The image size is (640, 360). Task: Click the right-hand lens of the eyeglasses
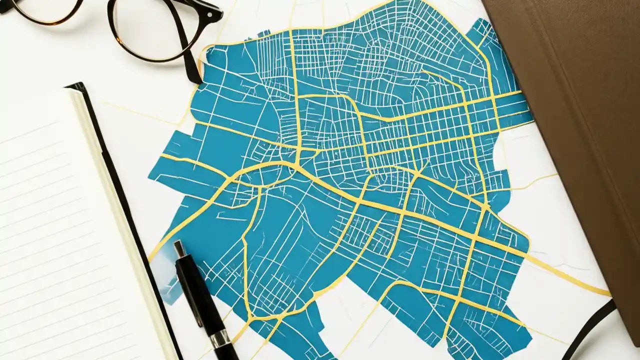(x=150, y=27)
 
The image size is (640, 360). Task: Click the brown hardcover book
(x=575, y=100)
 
